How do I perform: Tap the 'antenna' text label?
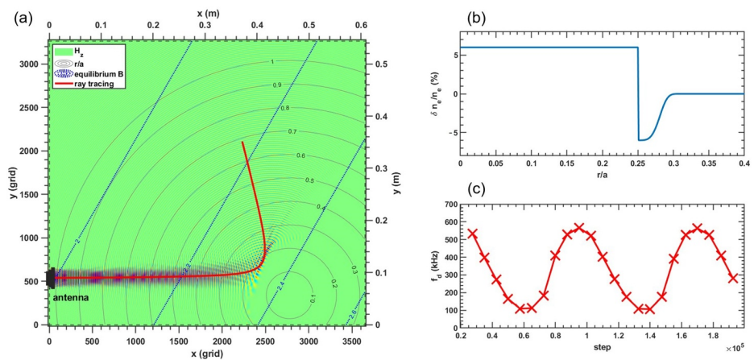pos(71,297)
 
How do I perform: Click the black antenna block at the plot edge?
pos(52,278)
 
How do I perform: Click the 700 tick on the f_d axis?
pos(449,205)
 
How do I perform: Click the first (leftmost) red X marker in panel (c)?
pos(472,234)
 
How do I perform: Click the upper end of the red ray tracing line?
pos(242,143)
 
